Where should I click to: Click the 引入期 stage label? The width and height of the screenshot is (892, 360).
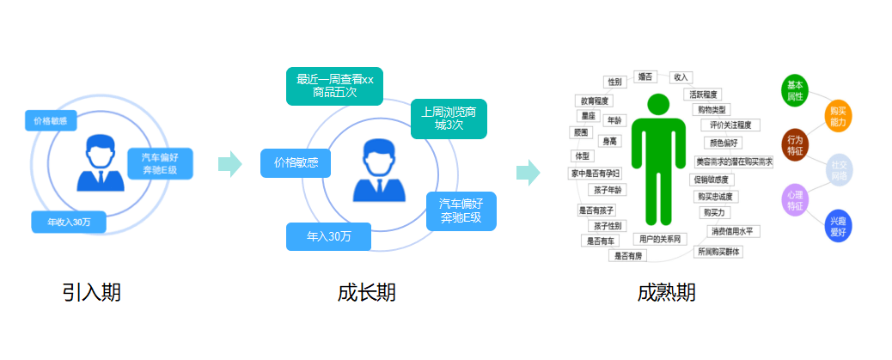(x=92, y=292)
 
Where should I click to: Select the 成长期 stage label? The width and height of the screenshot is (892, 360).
(x=366, y=292)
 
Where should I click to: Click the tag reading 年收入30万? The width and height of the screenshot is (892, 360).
(x=70, y=222)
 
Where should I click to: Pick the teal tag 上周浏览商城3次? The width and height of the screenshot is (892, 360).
(x=449, y=119)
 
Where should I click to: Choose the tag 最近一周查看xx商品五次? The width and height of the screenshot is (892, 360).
(x=335, y=86)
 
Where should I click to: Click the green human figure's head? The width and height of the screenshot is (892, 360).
(x=657, y=105)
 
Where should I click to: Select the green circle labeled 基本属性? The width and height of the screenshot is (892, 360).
(x=795, y=91)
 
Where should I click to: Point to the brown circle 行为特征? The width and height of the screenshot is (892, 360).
(x=795, y=144)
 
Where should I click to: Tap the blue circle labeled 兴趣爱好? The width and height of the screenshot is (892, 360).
(x=837, y=226)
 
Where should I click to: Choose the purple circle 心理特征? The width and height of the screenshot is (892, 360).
(x=795, y=199)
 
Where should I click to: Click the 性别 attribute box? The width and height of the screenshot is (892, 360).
(x=614, y=82)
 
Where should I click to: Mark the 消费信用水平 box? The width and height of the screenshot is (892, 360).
(x=731, y=231)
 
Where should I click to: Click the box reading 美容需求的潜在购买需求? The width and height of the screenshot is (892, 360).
(x=734, y=162)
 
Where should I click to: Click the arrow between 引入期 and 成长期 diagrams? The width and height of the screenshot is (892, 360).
(x=230, y=164)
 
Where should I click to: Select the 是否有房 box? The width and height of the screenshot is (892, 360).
(x=627, y=255)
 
